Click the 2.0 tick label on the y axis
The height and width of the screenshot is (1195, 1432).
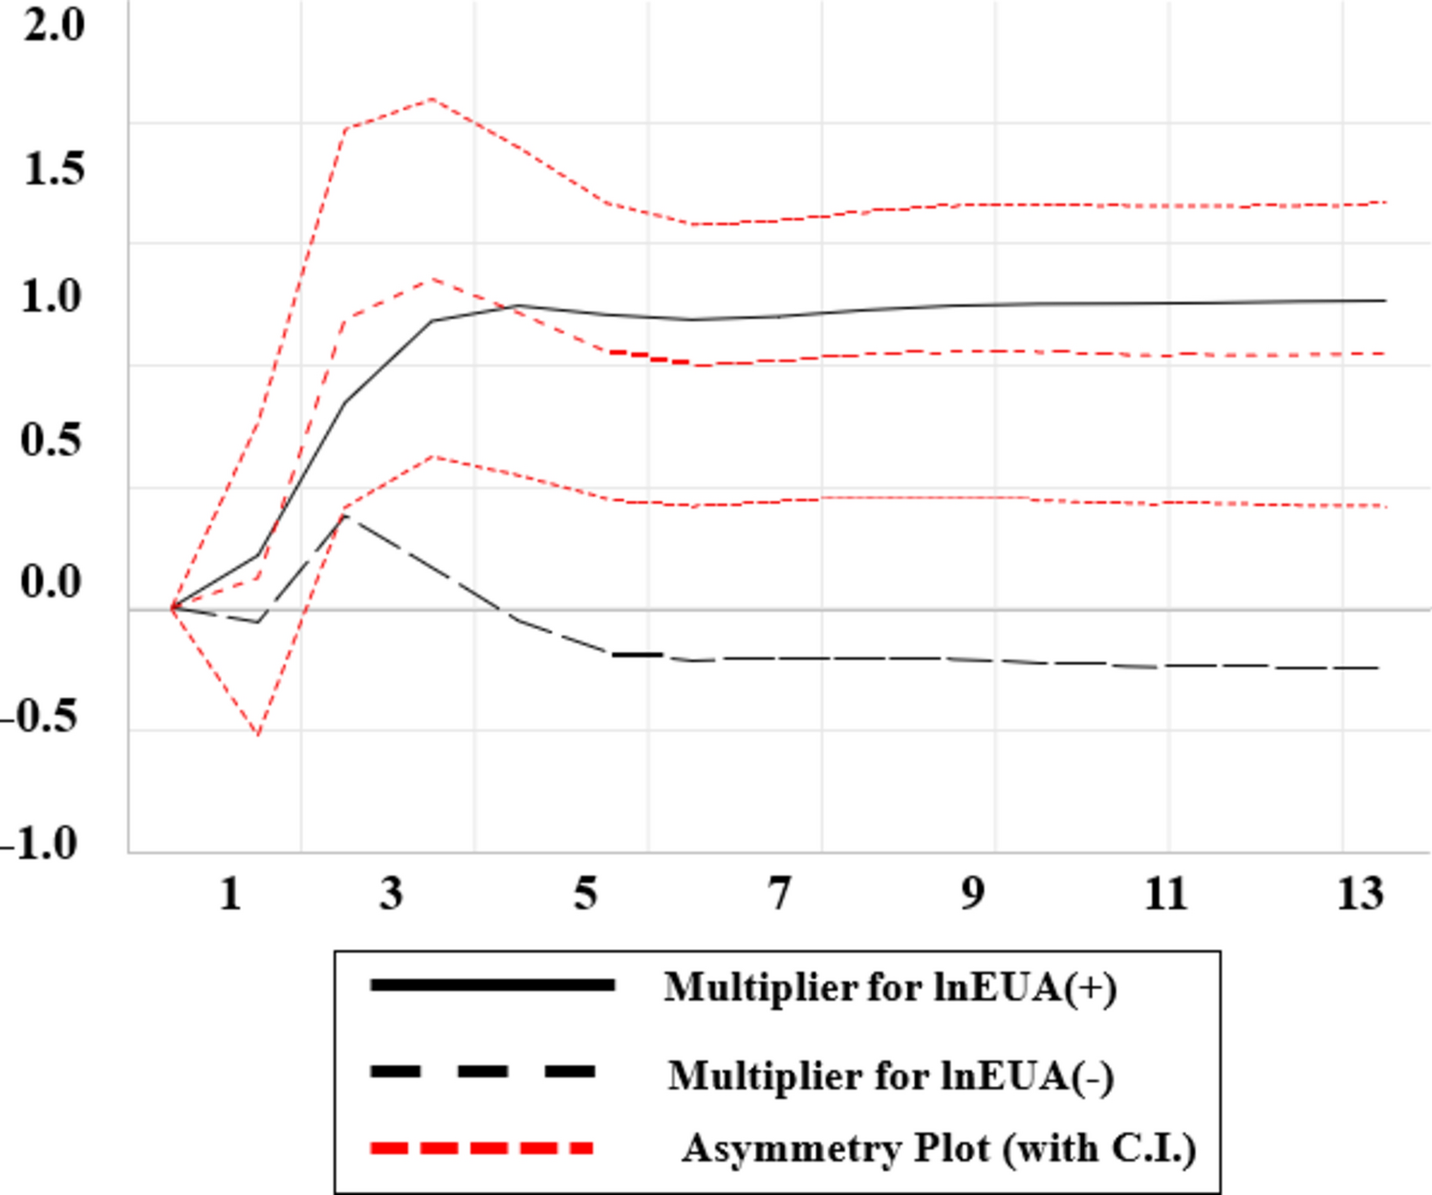[54, 25]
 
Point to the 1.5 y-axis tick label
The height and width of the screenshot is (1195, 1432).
[54, 169]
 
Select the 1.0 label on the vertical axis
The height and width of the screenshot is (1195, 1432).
[52, 297]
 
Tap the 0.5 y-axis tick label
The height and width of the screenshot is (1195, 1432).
[52, 441]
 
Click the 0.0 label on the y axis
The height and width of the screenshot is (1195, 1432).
[52, 582]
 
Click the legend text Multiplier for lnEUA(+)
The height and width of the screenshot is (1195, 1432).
[890, 988]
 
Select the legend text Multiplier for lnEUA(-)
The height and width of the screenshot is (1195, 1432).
[890, 1076]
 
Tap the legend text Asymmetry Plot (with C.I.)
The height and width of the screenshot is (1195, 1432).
[938, 1148]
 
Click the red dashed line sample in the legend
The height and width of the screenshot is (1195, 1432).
[482, 1148]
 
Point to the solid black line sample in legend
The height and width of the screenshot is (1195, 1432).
[491, 985]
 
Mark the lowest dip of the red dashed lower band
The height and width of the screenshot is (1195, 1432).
[258, 734]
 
